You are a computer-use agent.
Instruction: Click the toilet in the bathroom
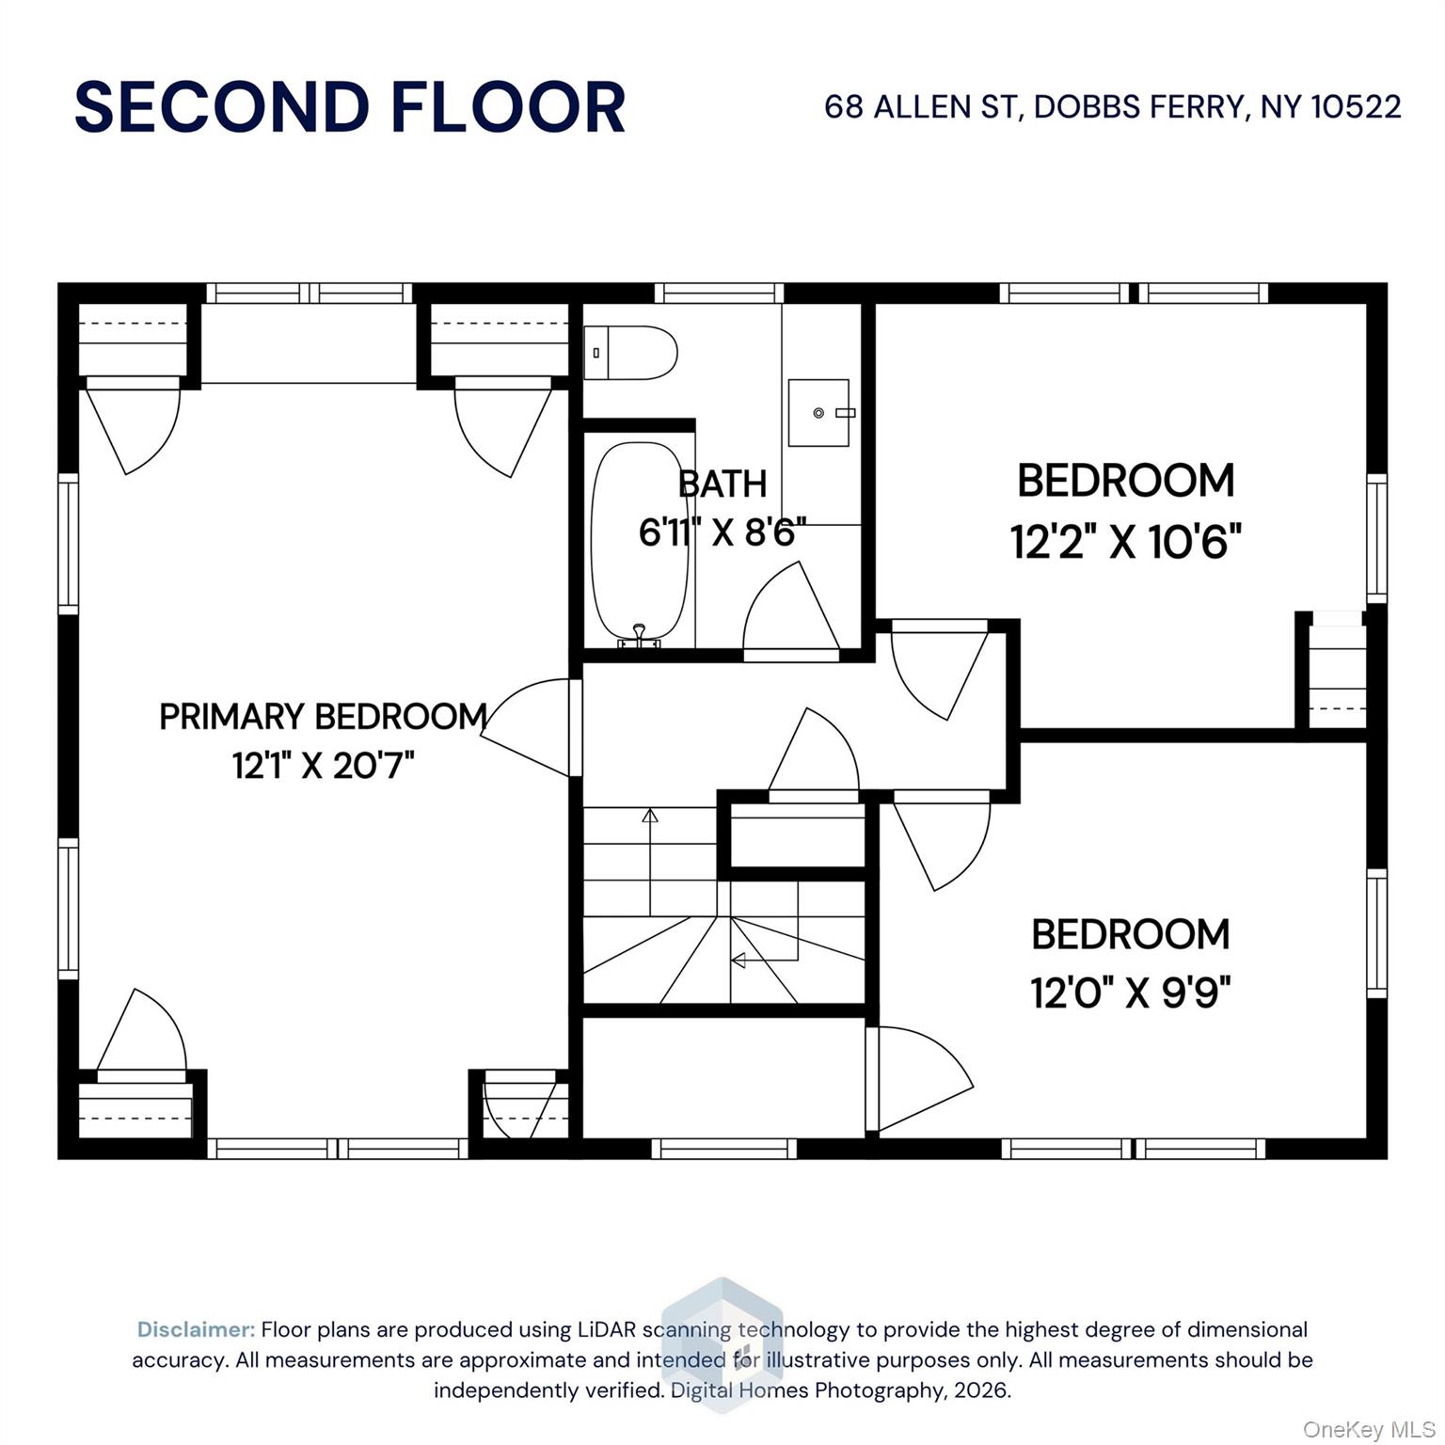(x=629, y=353)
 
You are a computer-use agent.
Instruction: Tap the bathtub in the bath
(x=639, y=541)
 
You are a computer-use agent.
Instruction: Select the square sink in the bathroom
(x=818, y=412)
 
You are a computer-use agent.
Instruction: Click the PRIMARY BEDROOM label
(x=323, y=717)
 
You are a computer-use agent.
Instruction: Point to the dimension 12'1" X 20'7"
(x=323, y=766)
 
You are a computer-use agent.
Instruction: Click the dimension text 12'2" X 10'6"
(x=1125, y=542)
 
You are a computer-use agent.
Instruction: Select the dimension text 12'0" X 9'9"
(x=1130, y=992)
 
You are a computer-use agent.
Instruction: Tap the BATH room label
(x=722, y=484)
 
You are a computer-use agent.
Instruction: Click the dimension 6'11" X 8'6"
(x=722, y=532)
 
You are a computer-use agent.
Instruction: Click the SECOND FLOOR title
(x=349, y=107)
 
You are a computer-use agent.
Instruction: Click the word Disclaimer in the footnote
(x=196, y=1329)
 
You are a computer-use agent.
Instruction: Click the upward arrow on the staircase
(x=649, y=815)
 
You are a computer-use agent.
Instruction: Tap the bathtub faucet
(x=640, y=635)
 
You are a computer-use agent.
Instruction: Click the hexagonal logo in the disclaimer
(x=722, y=1345)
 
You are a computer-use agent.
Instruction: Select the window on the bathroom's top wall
(x=719, y=294)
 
